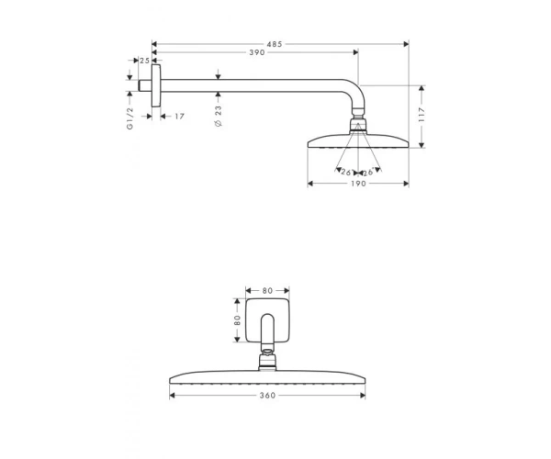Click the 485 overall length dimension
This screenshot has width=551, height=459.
pyautogui.click(x=274, y=44)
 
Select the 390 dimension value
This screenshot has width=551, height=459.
pyautogui.click(x=257, y=52)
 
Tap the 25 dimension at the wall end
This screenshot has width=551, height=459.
pyautogui.click(x=144, y=61)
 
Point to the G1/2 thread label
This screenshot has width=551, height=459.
pyautogui.click(x=130, y=118)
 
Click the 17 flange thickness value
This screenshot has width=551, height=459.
pyautogui.click(x=179, y=117)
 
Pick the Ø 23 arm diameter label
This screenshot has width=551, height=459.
pyautogui.click(x=219, y=117)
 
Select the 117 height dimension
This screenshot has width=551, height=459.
pyautogui.click(x=422, y=115)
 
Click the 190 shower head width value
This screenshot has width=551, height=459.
pyautogui.click(x=358, y=184)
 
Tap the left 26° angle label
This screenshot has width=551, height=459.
pyautogui.click(x=346, y=173)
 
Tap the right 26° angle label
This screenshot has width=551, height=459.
pyautogui.click(x=368, y=173)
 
